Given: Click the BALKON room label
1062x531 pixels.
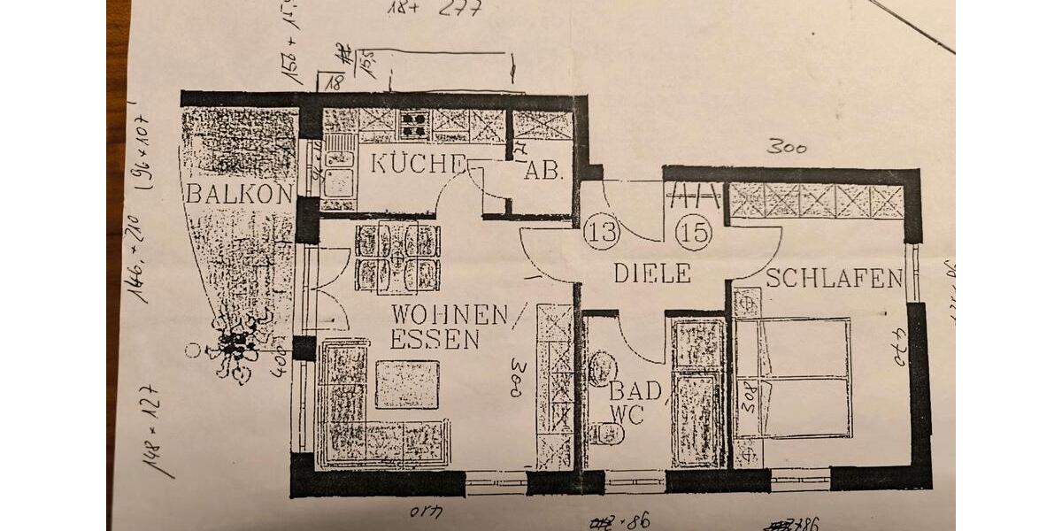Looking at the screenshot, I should (238, 195).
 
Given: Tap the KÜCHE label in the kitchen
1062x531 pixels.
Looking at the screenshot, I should (417, 163).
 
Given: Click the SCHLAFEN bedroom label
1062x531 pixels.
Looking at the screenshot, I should (834, 279).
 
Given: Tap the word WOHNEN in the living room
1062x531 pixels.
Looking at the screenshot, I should (450, 315).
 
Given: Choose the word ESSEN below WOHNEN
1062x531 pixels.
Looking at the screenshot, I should (435, 340).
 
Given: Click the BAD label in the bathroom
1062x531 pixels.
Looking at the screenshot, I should (635, 389).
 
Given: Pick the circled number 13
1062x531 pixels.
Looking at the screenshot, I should (601, 233).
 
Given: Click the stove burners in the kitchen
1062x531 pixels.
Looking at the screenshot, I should (413, 125).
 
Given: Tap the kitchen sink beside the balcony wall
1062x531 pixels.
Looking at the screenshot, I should (337, 168).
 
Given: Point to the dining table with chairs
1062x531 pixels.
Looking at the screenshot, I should (397, 258).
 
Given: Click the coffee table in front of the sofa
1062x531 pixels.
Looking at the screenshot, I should (407, 384).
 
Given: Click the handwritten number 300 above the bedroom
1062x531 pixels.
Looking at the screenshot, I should (786, 147).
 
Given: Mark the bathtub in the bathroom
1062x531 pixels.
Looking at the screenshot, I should (698, 392).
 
